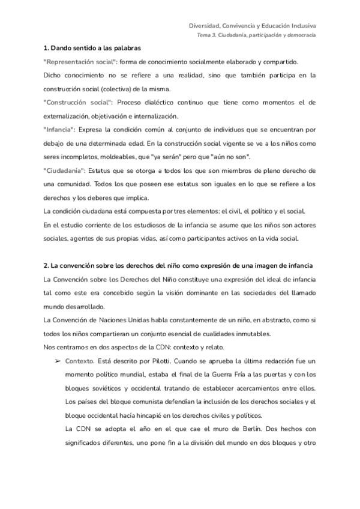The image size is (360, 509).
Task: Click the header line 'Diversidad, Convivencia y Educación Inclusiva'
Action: [x=253, y=26]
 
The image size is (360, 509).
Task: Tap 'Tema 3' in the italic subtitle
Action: [x=207, y=35]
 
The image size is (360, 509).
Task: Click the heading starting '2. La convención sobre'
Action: [x=178, y=265]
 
